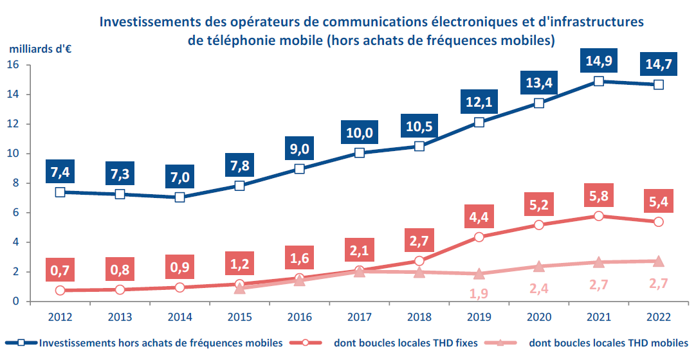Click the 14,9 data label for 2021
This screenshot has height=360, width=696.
coord(598,62)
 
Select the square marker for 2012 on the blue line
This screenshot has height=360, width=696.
coord(60,192)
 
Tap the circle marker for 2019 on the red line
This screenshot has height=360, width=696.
coord(479,237)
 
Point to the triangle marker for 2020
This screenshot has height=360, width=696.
coord(539,266)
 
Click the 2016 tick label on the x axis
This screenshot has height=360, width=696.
coord(299,317)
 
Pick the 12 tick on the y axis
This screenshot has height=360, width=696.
coord(14,124)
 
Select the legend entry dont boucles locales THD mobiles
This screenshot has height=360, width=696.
coord(609,343)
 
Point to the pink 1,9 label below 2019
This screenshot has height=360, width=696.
coord(479,294)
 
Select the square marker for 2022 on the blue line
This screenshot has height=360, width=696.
coord(659,84)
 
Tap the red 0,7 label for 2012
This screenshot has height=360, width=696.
coord(60,271)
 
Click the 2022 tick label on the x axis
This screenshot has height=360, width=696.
coord(659,317)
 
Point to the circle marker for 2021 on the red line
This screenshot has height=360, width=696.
coord(599,216)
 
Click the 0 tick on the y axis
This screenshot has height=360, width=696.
coord(17,301)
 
